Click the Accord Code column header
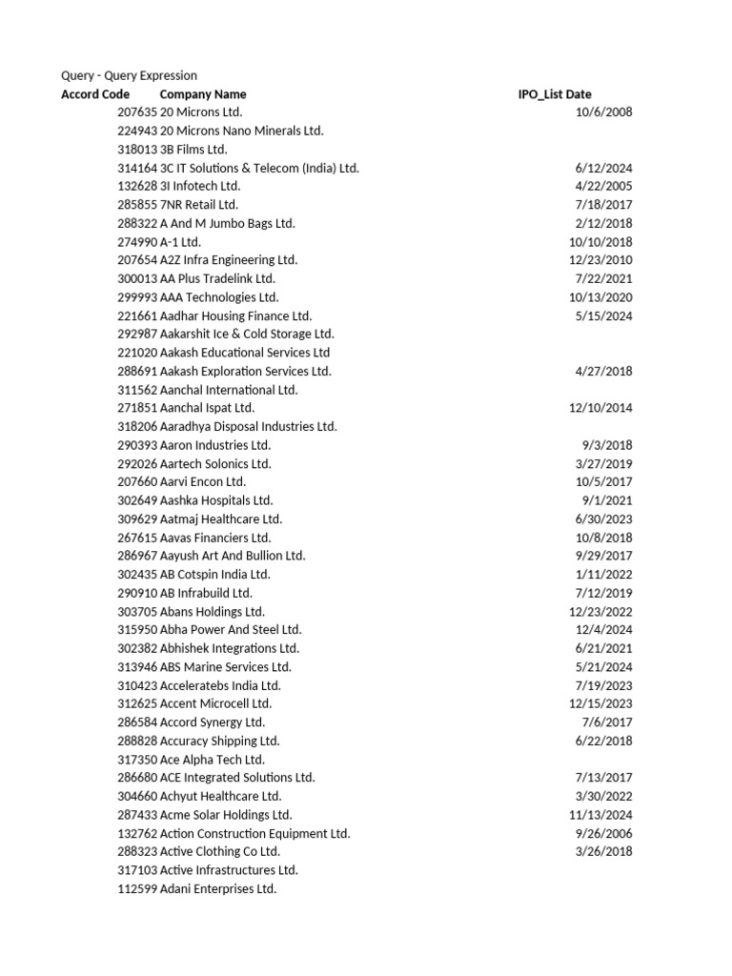tap(95, 94)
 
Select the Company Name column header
tap(203, 94)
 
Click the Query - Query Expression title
tap(129, 75)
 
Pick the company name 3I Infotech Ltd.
tap(200, 186)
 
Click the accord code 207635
tap(137, 112)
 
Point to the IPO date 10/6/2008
tap(604, 112)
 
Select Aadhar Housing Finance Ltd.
tap(235, 315)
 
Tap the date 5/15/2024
tap(604, 315)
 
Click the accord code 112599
tap(137, 888)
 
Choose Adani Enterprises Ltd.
tap(218, 888)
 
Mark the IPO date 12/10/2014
tap(600, 408)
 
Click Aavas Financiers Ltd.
tap(215, 538)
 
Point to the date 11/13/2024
tap(600, 815)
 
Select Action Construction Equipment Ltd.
tap(255, 833)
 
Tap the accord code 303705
tap(137, 612)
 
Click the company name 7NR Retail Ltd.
tap(199, 205)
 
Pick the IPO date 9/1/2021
tap(607, 500)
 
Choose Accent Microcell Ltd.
tap(215, 703)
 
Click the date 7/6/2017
tap(607, 722)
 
